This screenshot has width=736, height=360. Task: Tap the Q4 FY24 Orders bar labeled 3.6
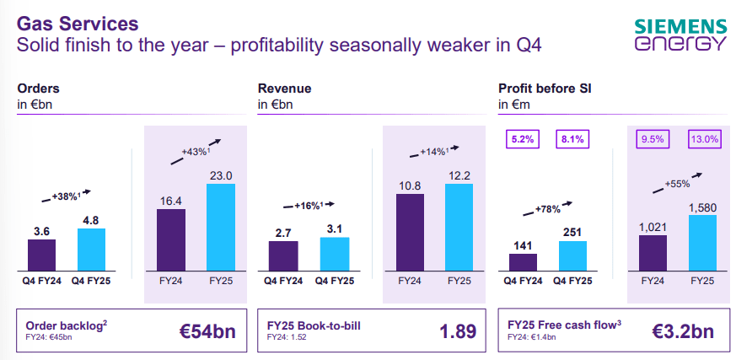[41, 252]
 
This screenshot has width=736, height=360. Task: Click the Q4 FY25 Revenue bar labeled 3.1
[334, 251]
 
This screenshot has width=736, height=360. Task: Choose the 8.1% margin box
[572, 139]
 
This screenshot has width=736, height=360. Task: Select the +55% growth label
[678, 183]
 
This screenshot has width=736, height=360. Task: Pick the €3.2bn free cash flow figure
[684, 330]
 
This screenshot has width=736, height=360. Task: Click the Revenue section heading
[284, 88]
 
